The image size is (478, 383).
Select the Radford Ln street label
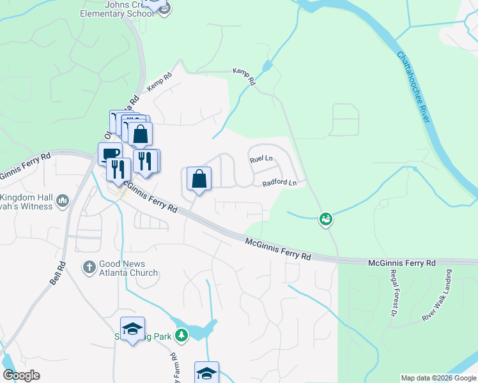coord(279,183)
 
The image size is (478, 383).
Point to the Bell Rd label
coord(58,274)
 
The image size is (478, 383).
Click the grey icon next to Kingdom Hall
coord(63,201)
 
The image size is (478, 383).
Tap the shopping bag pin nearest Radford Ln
coord(199,180)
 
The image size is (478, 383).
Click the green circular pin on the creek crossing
coord(325,219)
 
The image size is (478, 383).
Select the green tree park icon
coord(182,334)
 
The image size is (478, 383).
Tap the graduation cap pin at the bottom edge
coord(206,373)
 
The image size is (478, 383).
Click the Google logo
coord(20,375)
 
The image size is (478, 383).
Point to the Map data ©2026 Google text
coord(438,378)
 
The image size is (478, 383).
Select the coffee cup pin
coord(110,154)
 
